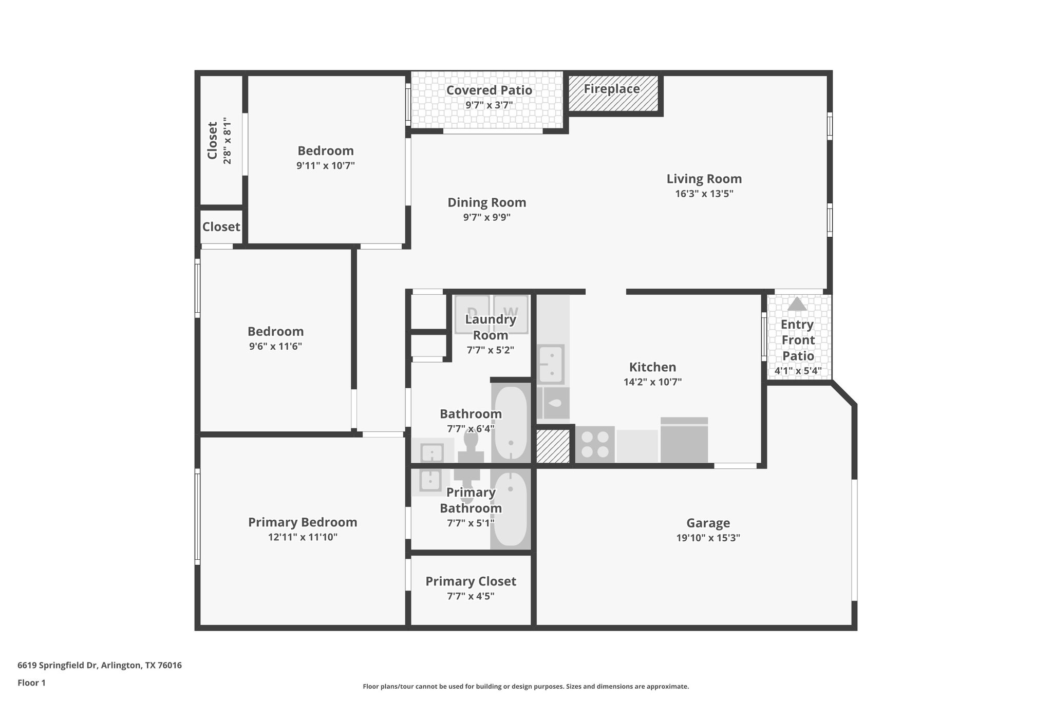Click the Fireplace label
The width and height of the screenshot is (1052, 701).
[611, 89]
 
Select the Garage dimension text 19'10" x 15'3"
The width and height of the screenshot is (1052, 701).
[708, 538]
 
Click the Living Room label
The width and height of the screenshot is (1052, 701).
[704, 179]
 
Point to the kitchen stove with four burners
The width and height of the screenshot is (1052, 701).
[595, 444]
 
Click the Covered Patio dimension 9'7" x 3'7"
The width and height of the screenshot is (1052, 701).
[489, 105]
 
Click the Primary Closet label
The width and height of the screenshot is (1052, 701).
[471, 581]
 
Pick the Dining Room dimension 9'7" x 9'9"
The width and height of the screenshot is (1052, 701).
[486, 217]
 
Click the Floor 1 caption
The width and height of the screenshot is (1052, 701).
[31, 683]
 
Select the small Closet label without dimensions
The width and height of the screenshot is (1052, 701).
[221, 226]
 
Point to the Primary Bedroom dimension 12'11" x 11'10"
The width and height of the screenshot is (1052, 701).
[303, 537]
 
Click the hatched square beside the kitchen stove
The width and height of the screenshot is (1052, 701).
[553, 446]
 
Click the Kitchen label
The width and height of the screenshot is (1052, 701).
[652, 367]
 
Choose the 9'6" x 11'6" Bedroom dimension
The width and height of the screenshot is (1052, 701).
[275, 346]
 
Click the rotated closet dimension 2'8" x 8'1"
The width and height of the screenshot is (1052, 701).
[227, 141]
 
